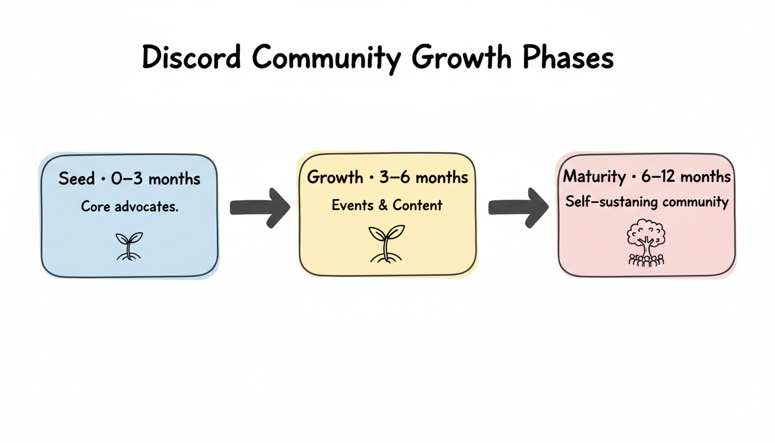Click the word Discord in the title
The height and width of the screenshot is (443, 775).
click(x=192, y=58)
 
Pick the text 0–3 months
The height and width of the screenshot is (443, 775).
click(x=155, y=179)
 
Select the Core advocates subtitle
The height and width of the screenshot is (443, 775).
click(x=130, y=206)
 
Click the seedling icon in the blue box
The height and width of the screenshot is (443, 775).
click(x=129, y=246)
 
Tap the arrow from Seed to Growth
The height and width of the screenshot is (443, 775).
click(x=259, y=208)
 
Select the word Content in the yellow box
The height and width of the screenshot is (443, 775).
click(x=417, y=205)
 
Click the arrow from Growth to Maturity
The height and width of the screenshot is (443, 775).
click(x=518, y=208)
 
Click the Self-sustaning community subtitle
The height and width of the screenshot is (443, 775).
click(x=647, y=202)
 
